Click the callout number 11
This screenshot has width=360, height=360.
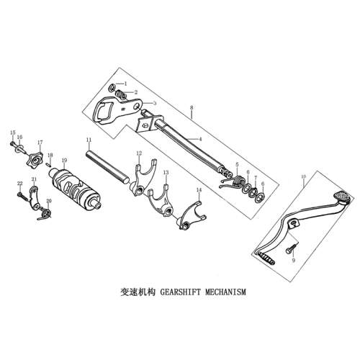tap(89, 140)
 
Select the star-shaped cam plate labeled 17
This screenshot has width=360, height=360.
tap(35, 160)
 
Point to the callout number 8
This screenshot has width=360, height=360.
tap(192, 107)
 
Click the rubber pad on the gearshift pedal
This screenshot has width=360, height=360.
tap(342, 196)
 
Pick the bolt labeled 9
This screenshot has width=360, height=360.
tap(291, 249)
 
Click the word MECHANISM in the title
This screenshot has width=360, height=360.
tap(225, 292)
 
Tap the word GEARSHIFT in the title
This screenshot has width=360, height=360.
tap(180, 292)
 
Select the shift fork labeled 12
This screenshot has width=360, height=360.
tap(143, 176)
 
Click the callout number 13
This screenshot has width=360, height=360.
tap(166, 173)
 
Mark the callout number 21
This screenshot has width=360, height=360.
tap(34, 179)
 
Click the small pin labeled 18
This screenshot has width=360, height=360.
tap(48, 164)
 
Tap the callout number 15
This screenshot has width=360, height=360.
tap(13, 132)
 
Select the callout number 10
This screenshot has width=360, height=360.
tap(304, 176)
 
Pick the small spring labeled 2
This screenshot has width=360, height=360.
tap(121, 94)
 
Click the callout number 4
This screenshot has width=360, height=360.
tap(200, 139)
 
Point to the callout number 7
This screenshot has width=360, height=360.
tap(256, 178)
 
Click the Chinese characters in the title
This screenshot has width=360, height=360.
tap(138, 292)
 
